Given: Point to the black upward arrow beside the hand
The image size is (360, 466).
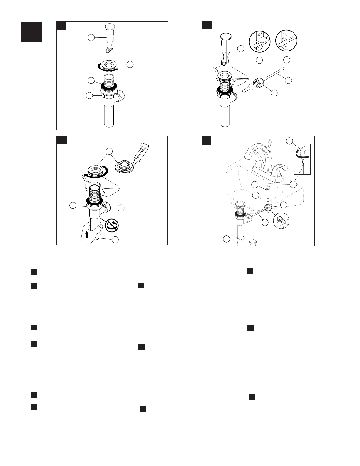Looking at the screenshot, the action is click(x=87, y=235).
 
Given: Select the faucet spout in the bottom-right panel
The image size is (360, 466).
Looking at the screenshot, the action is click(x=257, y=154).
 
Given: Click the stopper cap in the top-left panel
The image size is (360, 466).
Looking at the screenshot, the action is click(x=110, y=26).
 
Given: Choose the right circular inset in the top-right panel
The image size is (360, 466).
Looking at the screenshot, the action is click(x=286, y=41).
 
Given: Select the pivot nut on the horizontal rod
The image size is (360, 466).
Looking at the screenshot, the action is click(x=258, y=84).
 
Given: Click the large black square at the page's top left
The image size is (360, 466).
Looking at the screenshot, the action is click(x=31, y=32).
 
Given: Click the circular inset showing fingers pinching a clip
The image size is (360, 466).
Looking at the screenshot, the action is click(x=281, y=221).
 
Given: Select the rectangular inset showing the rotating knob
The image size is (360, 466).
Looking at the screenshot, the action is click(x=302, y=159).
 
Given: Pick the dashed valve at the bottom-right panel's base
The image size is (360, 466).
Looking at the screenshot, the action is click(x=253, y=243).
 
